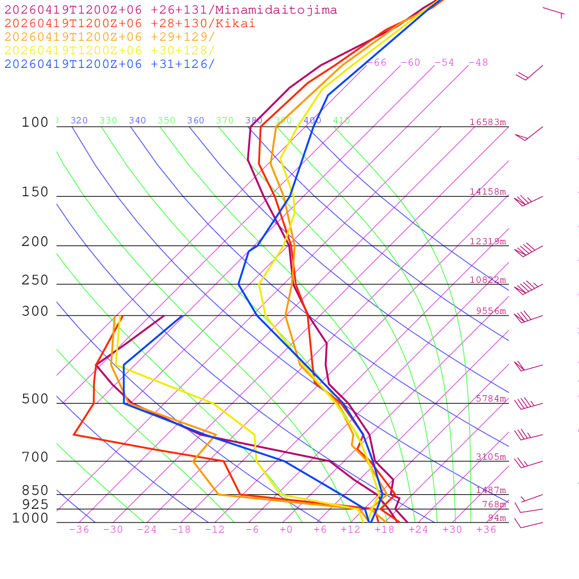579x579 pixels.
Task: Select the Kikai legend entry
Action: pyautogui.click(x=130, y=24)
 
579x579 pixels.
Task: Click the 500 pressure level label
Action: pyautogui.click(x=35, y=399)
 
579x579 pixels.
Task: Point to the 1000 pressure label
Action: pyautogui.click(x=30, y=518)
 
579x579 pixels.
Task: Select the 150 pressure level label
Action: pyautogui.click(x=35, y=192)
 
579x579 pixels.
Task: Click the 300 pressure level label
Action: pyautogui.click(x=35, y=312)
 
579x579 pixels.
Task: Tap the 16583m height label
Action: pyautogui.click(x=488, y=122)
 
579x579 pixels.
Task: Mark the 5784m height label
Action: pyautogui.click(x=491, y=399)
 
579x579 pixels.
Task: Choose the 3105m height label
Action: pyautogui.click(x=491, y=457)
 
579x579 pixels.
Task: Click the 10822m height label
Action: pyautogui.click(x=488, y=280)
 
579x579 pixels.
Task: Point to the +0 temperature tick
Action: pyautogui.click(x=286, y=530)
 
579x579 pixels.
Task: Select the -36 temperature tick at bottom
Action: pyautogui.click(x=79, y=530)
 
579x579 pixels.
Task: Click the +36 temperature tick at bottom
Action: pyautogui.click(x=486, y=530)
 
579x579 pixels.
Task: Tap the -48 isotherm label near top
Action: pyautogui.click(x=478, y=63)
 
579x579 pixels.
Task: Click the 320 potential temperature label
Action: pyautogui.click(x=79, y=120)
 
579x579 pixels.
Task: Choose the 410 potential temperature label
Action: pyautogui.click(x=342, y=120)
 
